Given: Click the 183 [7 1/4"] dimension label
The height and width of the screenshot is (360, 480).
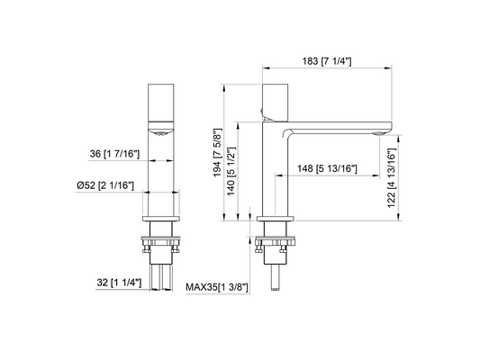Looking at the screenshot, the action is click(327, 61).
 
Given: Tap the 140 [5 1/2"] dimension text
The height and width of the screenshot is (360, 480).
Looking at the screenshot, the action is click(231, 171).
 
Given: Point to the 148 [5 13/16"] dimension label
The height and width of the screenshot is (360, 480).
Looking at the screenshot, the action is click(327, 168).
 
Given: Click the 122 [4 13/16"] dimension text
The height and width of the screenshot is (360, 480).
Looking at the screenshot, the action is click(392, 178).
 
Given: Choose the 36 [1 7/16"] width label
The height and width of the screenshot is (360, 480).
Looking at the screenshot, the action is click(114, 154).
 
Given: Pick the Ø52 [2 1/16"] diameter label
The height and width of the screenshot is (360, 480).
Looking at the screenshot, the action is click(105, 185).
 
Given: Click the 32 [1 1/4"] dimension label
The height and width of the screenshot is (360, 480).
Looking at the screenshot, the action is click(119, 283).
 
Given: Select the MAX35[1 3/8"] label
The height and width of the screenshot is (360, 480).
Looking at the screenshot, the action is click(217, 287).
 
